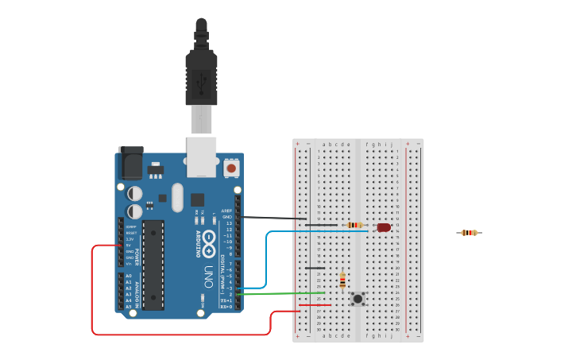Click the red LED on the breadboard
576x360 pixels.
click(384, 227)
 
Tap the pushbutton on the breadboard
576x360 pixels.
click(358, 299)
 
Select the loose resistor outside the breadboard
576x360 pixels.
click(470, 233)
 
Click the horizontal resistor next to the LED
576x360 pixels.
click(355, 225)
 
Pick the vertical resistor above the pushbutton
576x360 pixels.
click(342, 281)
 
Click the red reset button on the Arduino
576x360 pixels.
click(231, 168)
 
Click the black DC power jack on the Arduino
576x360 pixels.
click(130, 165)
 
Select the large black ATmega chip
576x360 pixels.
click(153, 265)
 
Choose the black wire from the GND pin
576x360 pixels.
click(274, 217)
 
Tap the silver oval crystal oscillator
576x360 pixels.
click(177, 197)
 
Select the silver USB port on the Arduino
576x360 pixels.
click(201, 157)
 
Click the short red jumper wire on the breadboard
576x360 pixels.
click(315, 305)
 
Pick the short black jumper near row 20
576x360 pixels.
click(315, 268)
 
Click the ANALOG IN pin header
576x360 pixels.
click(121, 291)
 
